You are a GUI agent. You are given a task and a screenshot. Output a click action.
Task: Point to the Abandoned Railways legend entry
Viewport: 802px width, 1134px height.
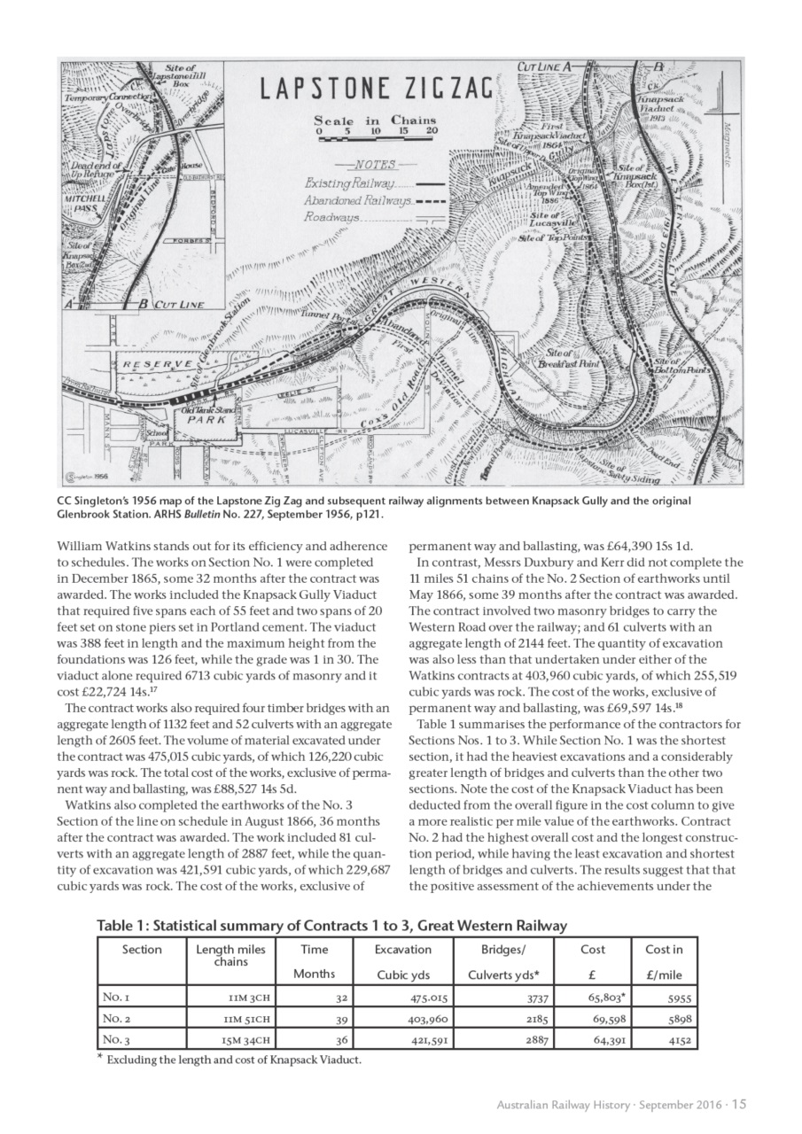[371, 201]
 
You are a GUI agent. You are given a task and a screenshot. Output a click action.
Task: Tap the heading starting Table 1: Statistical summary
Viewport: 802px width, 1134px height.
[331, 926]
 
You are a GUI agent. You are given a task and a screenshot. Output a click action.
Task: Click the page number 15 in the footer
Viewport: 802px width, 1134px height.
[738, 1104]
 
